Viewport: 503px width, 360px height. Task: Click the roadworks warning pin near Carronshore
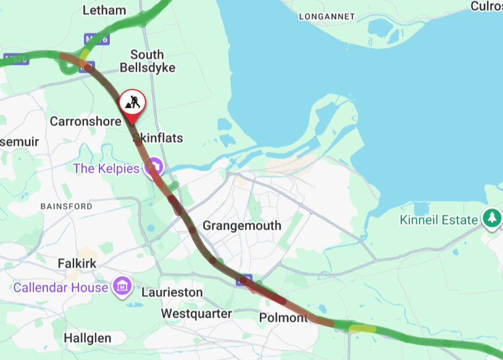[132, 102]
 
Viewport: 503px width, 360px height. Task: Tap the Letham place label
[105, 10]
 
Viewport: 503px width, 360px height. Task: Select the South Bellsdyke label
[147, 61]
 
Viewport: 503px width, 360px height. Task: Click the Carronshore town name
[86, 121]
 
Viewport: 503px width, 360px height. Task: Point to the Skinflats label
[158, 138]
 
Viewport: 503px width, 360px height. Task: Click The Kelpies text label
[107, 168]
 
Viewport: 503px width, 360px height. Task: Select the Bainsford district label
[66, 206]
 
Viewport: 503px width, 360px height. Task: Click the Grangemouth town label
[241, 225]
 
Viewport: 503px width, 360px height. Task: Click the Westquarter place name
[196, 314]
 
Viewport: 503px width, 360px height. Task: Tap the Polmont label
[283, 317]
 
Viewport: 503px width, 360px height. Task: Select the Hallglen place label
[88, 338]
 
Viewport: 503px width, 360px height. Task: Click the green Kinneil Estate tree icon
[492, 217]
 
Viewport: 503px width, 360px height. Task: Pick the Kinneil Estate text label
[439, 220]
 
